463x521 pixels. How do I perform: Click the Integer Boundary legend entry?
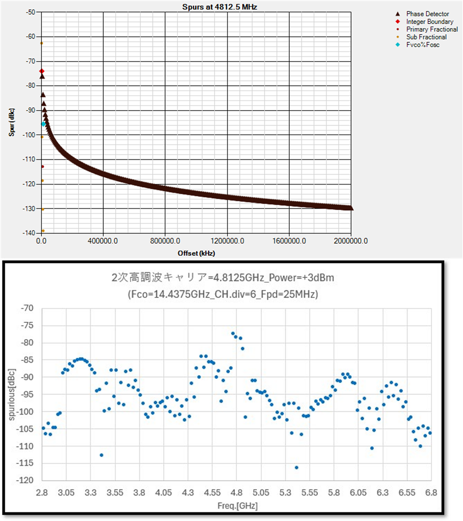[x=429, y=22]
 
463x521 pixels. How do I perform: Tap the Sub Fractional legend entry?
[x=427, y=37]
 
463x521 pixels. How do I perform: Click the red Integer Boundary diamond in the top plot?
[x=41, y=71]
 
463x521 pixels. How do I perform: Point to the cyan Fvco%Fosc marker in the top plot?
[x=43, y=124]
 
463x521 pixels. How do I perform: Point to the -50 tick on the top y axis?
[x=30, y=12]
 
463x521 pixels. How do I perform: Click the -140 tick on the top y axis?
[x=29, y=233]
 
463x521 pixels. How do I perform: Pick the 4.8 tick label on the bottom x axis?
[x=236, y=492]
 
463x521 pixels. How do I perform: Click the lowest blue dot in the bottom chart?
[x=296, y=467]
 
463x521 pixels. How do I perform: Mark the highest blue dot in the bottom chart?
[x=233, y=333]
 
